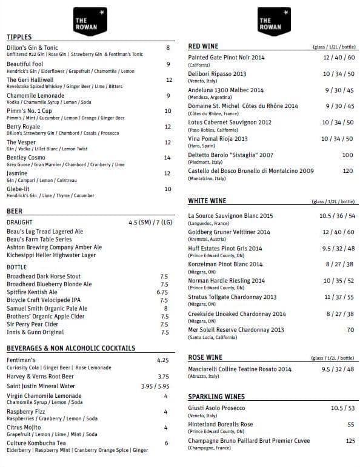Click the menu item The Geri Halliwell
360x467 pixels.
[x=30, y=79]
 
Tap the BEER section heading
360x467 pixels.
[x=15, y=212]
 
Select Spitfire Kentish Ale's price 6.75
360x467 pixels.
[x=162, y=292]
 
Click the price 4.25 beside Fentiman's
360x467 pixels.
[x=162, y=360]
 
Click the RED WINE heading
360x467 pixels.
[x=204, y=46]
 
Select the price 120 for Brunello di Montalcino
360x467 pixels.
[x=347, y=171]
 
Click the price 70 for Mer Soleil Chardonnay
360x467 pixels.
[x=350, y=330]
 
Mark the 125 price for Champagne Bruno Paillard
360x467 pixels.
[x=350, y=441]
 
